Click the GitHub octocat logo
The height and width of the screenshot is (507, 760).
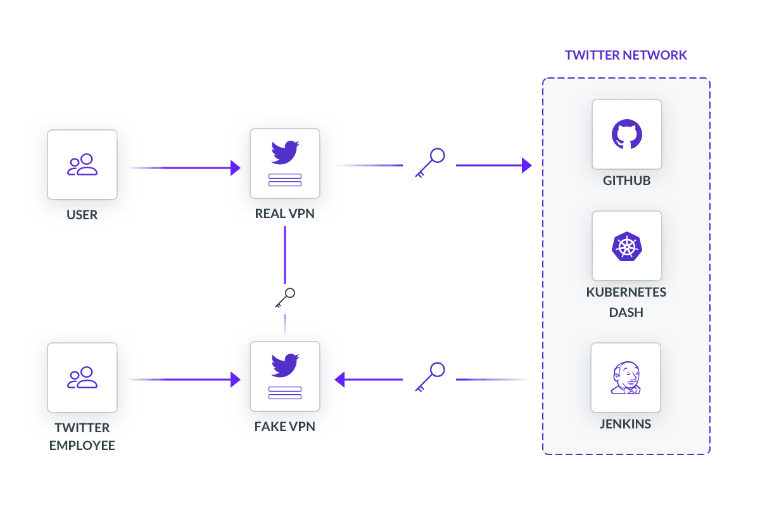pos(626,134)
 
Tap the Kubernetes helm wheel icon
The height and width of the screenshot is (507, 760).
pos(626,246)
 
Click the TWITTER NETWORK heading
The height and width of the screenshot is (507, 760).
pos(626,55)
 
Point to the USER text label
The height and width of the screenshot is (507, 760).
pos(82,215)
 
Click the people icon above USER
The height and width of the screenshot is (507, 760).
pos(82,165)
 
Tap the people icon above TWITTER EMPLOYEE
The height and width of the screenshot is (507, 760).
pos(82,378)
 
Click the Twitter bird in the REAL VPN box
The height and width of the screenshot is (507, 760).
pos(285,153)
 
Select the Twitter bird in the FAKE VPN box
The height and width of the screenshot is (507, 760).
pos(285,366)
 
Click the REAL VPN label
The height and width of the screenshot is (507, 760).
pos(285,214)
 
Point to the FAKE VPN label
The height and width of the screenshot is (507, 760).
pos(285,427)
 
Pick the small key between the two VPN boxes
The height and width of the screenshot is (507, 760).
pos(286,297)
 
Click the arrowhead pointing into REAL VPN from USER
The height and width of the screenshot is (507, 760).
pos(236,168)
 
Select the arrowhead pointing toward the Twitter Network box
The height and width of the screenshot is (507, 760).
pos(526,166)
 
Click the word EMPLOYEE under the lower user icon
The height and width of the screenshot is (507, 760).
pos(82,446)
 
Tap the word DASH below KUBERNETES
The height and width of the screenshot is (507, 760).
pos(626,312)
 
